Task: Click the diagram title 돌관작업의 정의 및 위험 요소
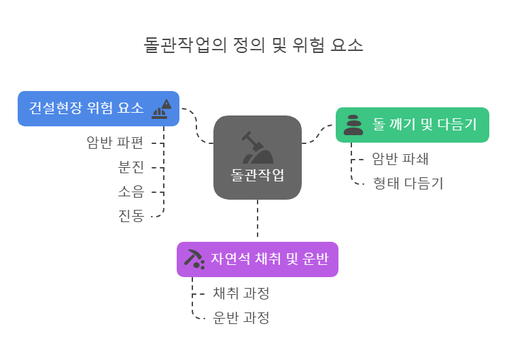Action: pos(253,46)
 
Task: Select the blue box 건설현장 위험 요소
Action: pos(87,109)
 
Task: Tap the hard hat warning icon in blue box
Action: pos(162,109)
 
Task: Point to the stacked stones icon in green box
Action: pos(353,125)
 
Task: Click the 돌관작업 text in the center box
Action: pos(257,175)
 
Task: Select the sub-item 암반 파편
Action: pos(115,143)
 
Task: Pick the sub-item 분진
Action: pos(131,167)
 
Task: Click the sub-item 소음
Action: pos(131,192)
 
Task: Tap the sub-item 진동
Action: pos(131,216)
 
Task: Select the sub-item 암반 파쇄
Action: pos(400,159)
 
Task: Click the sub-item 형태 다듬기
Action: pos(408,183)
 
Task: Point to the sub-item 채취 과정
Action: pos(241,293)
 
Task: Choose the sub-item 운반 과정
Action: pos(241,318)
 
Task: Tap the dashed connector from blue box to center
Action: pos(196,126)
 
